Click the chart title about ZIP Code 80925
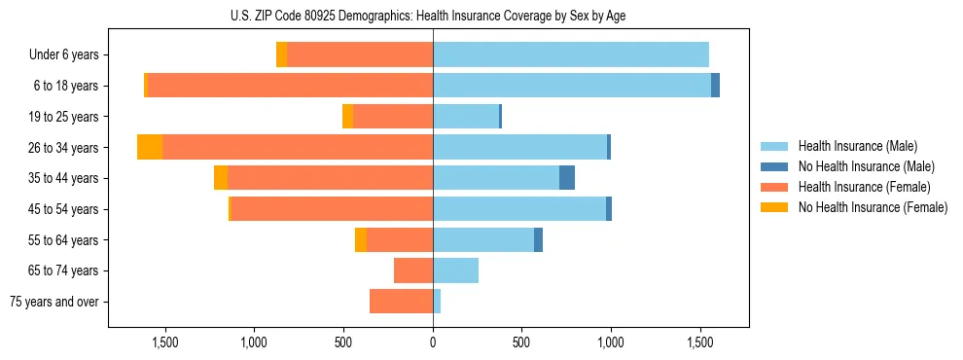(x=432, y=16)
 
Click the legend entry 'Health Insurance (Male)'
(x=857, y=146)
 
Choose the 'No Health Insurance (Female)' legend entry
(x=873, y=207)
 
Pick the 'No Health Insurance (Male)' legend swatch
(x=774, y=166)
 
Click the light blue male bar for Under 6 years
(x=571, y=54)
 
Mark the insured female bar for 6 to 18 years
(x=290, y=86)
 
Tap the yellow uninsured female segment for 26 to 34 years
(x=150, y=147)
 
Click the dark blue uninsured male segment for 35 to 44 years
(x=567, y=178)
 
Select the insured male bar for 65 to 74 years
(x=455, y=270)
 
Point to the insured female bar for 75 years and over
(x=401, y=302)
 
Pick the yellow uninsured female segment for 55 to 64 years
(x=361, y=239)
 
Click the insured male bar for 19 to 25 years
(x=466, y=117)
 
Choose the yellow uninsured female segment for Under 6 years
(x=281, y=54)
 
